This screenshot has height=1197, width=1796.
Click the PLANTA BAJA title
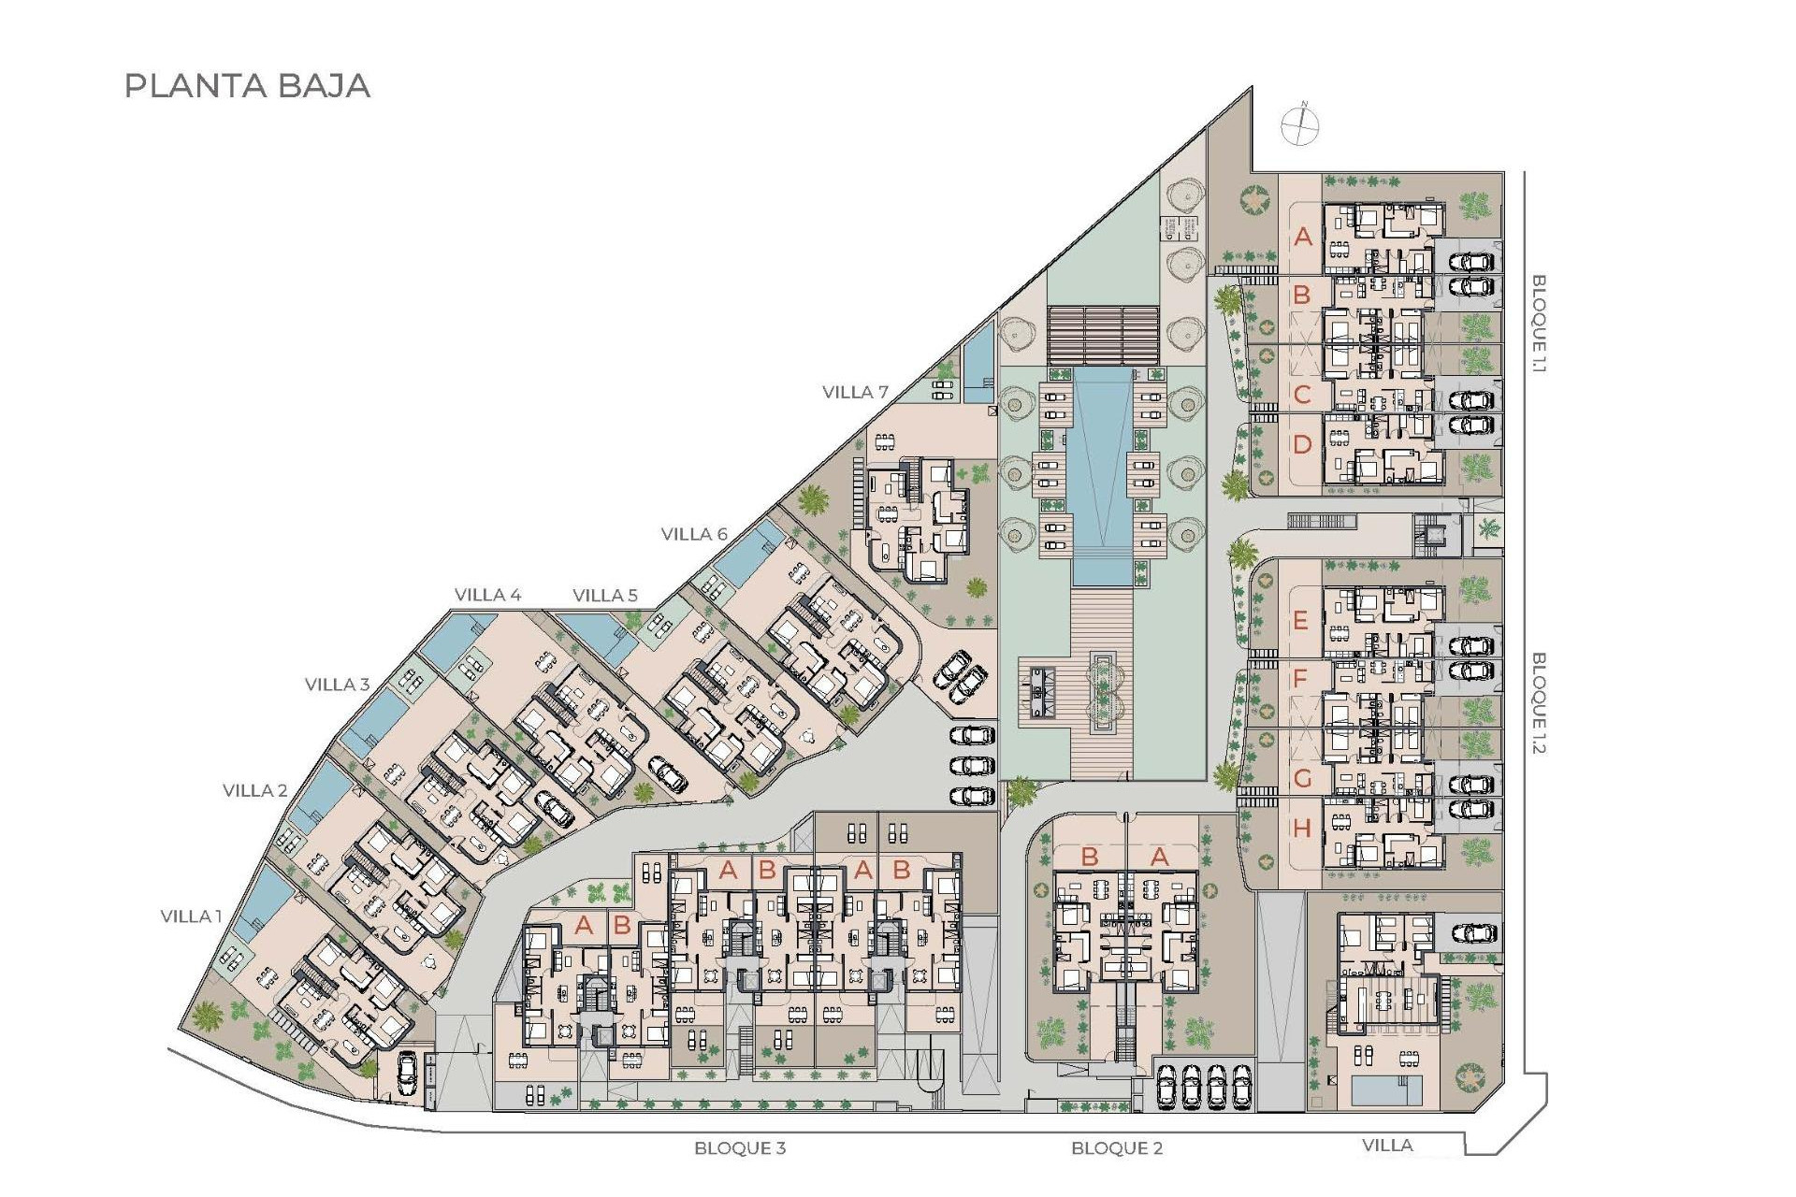(x=248, y=86)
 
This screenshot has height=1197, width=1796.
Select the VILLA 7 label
(x=855, y=392)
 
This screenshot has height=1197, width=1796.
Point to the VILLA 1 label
(x=192, y=916)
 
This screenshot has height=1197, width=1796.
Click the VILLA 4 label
(x=487, y=595)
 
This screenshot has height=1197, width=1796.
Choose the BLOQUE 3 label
(x=740, y=1147)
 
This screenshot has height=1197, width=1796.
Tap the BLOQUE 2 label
(x=1117, y=1147)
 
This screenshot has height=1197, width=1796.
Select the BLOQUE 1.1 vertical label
(x=1539, y=324)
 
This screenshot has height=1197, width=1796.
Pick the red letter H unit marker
(x=1301, y=829)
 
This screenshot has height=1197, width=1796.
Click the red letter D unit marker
(x=1302, y=445)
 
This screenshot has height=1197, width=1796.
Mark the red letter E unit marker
(x=1300, y=620)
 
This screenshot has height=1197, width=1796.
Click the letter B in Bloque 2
(x=1090, y=857)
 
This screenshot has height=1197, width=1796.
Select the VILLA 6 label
(x=694, y=534)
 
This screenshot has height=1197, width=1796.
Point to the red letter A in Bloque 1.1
(x=1303, y=238)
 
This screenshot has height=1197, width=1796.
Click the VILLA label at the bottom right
(x=1387, y=1145)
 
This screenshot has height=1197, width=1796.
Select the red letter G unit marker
(x=1301, y=778)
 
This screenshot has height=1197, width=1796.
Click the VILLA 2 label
(x=255, y=790)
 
